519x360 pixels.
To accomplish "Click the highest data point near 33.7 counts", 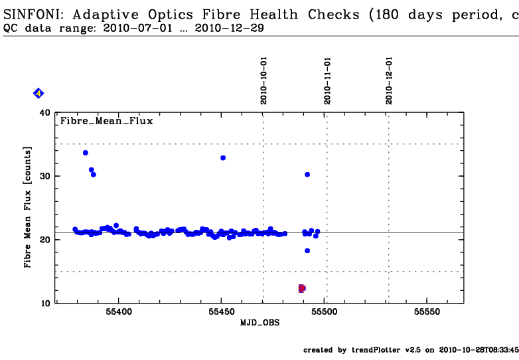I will coord(85,153).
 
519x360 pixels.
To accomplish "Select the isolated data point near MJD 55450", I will coord(223,157).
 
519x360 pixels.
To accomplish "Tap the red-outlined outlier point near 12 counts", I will coord(301,288).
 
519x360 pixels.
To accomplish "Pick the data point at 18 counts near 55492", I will coord(307,250).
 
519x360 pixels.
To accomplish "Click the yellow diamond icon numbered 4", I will coord(38,94).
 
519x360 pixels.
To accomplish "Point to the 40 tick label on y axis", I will coord(45,113).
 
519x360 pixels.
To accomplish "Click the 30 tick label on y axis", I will coord(45,176).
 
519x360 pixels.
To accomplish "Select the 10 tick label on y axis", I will coord(45,303).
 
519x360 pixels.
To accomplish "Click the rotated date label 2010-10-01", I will coord(263,80).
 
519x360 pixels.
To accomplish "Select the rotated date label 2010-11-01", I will coord(327,80).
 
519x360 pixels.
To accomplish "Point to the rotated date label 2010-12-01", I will coord(389,80).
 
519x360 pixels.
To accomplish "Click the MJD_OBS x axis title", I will coord(259,323).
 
